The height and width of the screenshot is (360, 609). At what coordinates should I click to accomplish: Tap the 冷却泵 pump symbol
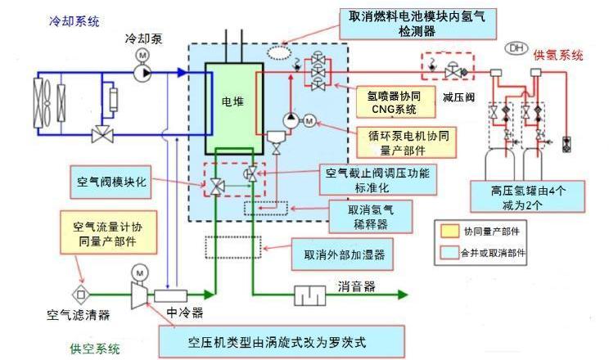click(x=143, y=71)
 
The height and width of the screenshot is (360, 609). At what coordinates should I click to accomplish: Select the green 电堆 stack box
click(x=233, y=106)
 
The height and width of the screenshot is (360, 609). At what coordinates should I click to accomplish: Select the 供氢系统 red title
click(x=558, y=56)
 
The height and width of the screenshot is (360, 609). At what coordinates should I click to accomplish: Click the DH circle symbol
click(x=517, y=49)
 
